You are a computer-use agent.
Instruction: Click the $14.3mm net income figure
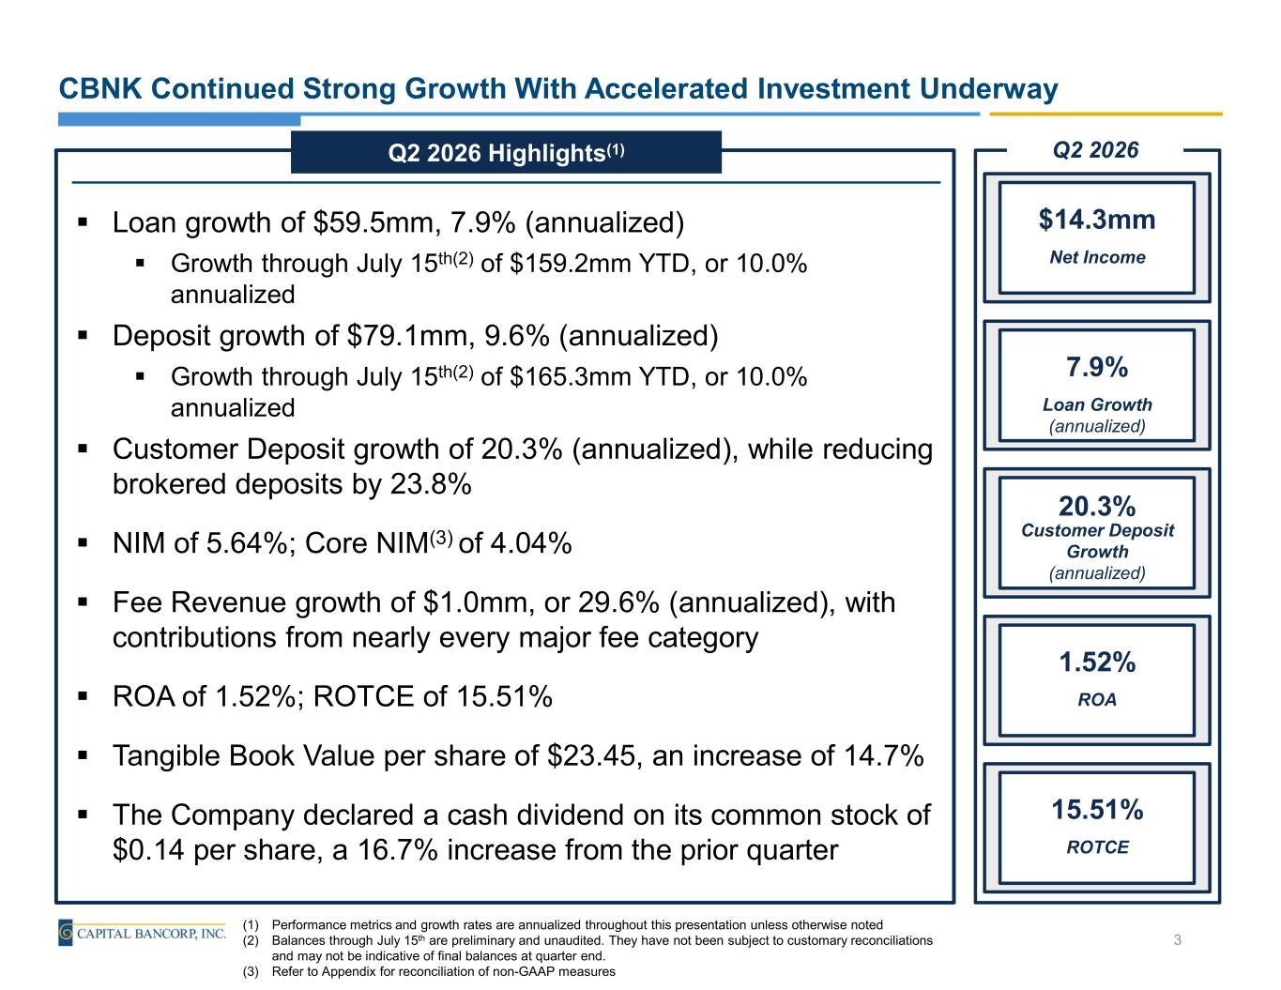(x=1096, y=220)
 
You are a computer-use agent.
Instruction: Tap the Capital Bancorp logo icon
(x=66, y=933)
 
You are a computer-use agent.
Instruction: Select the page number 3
(x=1177, y=940)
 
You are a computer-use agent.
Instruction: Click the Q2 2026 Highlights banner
(x=506, y=153)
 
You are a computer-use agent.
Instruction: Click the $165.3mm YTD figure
(x=570, y=376)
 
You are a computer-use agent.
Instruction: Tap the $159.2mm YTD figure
(x=570, y=264)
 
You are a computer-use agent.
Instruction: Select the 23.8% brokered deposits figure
(x=431, y=484)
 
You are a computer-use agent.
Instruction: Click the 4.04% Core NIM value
(x=531, y=543)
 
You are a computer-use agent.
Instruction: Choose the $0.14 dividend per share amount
(x=148, y=850)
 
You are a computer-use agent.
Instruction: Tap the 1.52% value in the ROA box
(x=1097, y=662)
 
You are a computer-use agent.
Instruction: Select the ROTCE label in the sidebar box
(x=1097, y=847)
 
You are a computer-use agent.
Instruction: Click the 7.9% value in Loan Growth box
(x=1096, y=367)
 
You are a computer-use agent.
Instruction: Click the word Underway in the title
(x=988, y=89)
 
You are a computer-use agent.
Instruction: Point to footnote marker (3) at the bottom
(x=252, y=971)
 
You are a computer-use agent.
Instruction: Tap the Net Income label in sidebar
(x=1097, y=257)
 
